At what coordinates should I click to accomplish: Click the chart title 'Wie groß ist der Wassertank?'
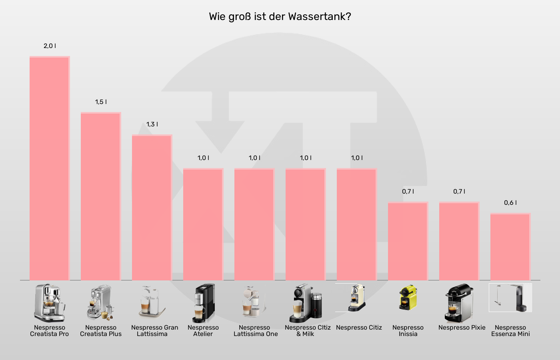click(x=280, y=17)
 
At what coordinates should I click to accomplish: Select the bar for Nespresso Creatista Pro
click(x=50, y=168)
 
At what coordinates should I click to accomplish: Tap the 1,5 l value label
click(x=101, y=102)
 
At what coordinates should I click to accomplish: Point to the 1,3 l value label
click(x=152, y=124)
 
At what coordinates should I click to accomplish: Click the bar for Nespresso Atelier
click(x=203, y=224)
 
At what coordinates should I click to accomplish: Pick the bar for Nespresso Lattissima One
click(x=254, y=224)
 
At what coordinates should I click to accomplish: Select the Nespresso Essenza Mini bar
click(x=510, y=246)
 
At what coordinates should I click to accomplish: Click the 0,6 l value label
click(x=510, y=203)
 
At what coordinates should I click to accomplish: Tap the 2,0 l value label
click(x=50, y=46)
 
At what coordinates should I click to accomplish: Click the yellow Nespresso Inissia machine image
click(x=408, y=298)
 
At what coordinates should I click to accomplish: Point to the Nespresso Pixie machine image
click(x=459, y=303)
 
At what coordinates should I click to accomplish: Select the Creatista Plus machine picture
click(x=100, y=302)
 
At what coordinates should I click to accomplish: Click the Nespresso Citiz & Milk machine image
click(x=306, y=303)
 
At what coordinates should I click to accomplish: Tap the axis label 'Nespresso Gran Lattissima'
click(x=154, y=330)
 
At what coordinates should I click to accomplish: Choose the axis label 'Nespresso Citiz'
click(x=359, y=328)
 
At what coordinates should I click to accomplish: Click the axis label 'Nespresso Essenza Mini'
click(x=510, y=330)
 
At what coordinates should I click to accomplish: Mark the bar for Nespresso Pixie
click(x=459, y=241)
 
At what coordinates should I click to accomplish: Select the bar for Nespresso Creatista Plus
click(x=101, y=196)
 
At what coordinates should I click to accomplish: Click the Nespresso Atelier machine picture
click(x=204, y=303)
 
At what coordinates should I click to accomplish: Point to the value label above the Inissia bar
click(x=408, y=192)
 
